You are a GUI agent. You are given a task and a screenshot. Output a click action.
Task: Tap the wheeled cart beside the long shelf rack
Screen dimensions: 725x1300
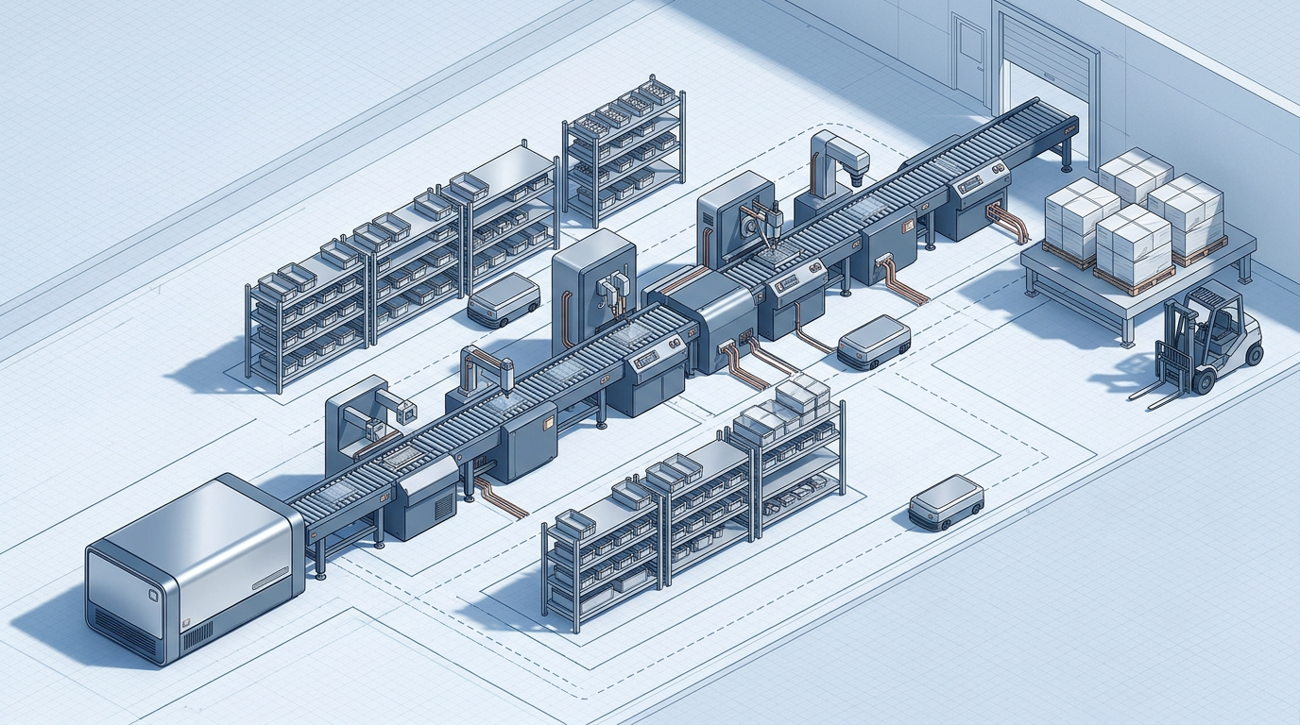pos(504,300)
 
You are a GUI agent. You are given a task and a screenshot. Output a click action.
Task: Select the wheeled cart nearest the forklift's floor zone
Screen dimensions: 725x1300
pos(946,500)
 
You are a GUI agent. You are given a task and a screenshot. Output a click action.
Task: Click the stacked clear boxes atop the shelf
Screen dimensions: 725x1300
pos(803,396)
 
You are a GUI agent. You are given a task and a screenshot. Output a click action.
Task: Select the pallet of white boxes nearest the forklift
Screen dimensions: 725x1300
pos(1134,245)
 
